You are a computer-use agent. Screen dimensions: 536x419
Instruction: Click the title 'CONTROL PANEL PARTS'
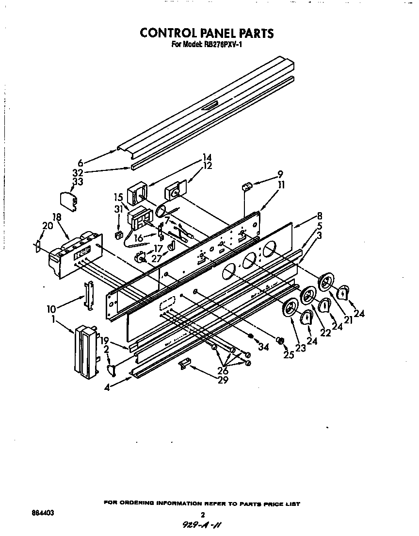(207, 33)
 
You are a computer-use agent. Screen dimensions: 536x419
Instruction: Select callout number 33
(78, 182)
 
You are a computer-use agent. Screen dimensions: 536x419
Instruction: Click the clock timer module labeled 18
(75, 253)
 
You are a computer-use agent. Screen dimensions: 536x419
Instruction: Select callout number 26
(223, 371)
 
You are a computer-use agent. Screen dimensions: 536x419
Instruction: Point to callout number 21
(348, 319)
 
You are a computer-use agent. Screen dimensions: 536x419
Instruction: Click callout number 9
(280, 174)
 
